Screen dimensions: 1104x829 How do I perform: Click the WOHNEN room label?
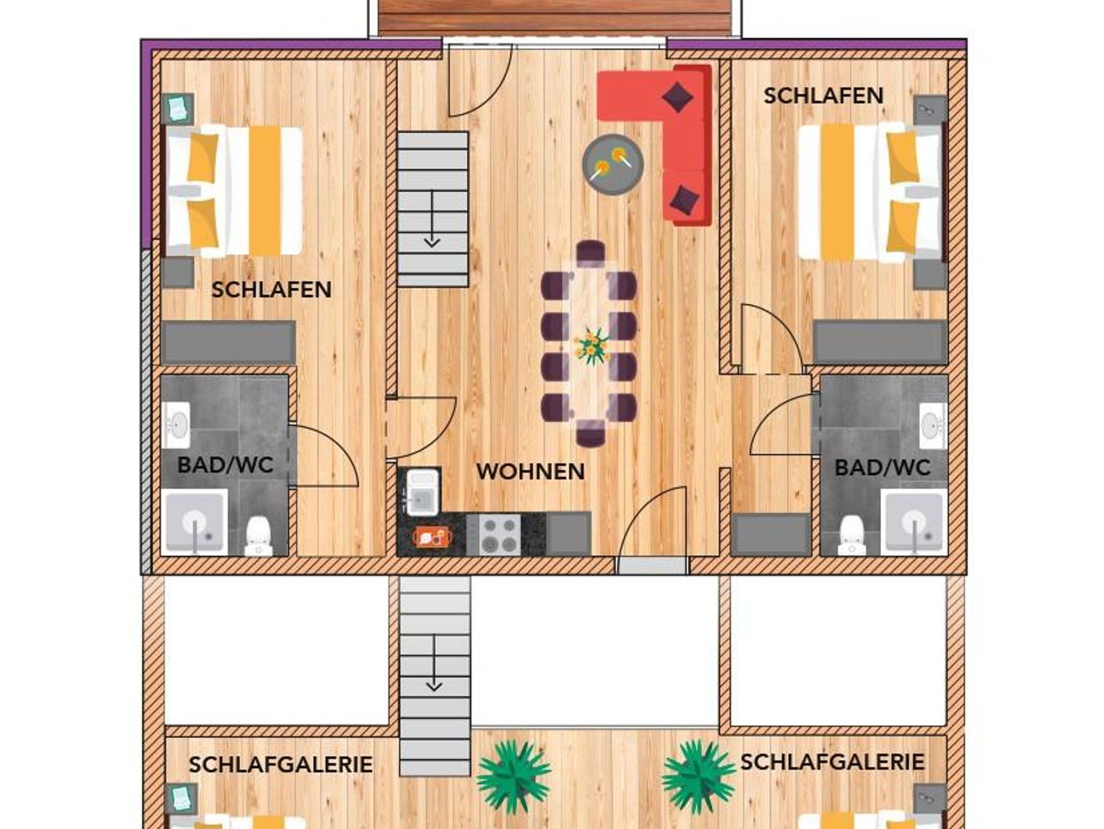coord(530,472)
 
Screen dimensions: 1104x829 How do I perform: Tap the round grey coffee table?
coord(613,164)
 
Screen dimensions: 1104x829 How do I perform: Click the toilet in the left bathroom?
coord(258,536)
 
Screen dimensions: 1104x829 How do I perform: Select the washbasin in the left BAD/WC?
coord(176,425)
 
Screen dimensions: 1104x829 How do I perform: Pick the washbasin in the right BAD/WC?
coord(933,426)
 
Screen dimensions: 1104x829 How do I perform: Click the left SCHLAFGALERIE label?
coord(280,764)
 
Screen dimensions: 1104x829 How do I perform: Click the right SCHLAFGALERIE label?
coord(832,762)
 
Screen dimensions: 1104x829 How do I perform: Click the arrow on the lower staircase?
coord(434,662)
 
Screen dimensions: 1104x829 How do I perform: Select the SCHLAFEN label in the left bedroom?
coord(271,290)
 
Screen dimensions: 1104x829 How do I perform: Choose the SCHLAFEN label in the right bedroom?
coord(823,96)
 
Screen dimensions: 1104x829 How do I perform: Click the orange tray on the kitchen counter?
coord(432,536)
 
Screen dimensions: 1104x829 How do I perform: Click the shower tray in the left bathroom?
coord(194,522)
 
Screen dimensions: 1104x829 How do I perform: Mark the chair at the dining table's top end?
coord(590,252)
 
